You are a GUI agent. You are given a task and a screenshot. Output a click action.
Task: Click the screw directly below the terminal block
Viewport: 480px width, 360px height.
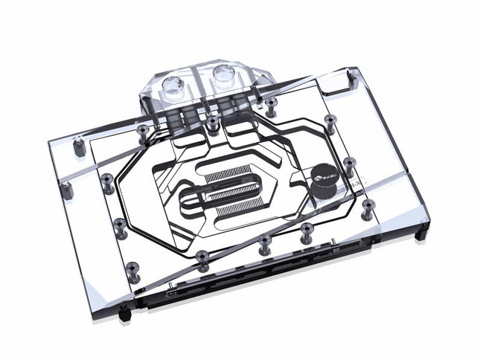pyautogui.click(x=213, y=120)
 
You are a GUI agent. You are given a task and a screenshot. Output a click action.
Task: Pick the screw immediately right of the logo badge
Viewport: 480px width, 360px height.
pyautogui.click(x=348, y=162)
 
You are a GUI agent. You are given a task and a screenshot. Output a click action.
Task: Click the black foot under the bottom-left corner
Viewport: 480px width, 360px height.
pyautogui.click(x=125, y=315)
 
